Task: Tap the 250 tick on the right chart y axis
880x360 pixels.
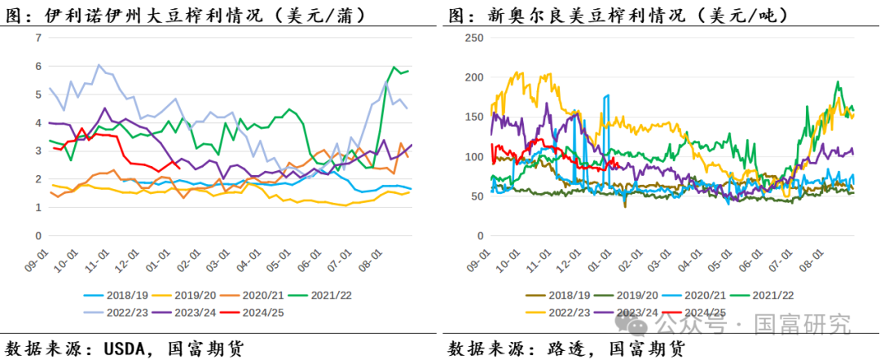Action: tap(473, 38)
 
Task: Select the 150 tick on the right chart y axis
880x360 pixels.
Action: tap(473, 117)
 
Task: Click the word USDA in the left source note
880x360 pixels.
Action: tap(125, 348)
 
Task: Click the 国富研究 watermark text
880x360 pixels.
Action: tap(803, 326)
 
